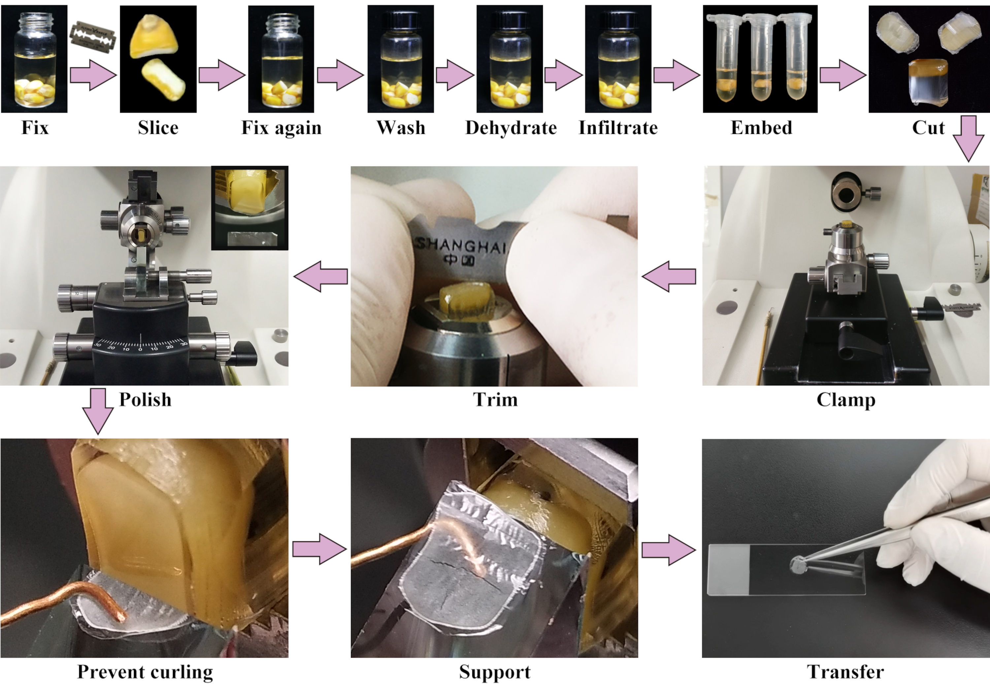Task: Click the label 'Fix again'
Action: click(281, 128)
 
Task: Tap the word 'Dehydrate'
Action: click(511, 128)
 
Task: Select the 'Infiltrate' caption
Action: click(618, 128)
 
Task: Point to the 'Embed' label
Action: click(761, 128)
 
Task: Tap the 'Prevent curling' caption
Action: click(145, 672)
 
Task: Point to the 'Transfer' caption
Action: click(845, 672)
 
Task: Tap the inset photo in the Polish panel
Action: click(249, 208)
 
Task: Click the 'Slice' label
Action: click(158, 128)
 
